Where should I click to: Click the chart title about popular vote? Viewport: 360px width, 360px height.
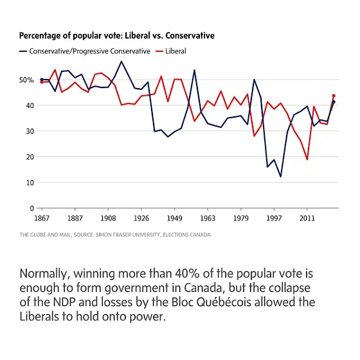click(x=116, y=36)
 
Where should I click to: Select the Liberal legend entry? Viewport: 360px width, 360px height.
click(x=171, y=51)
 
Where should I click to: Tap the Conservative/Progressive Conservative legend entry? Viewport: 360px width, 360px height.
click(x=85, y=51)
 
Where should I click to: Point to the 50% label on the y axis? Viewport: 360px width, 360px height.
click(x=26, y=80)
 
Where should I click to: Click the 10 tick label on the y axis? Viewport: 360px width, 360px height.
click(x=30, y=183)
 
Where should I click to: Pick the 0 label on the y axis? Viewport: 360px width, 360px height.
click(x=32, y=208)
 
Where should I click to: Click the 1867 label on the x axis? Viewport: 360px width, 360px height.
click(x=42, y=218)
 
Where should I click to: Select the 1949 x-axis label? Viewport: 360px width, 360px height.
click(x=174, y=218)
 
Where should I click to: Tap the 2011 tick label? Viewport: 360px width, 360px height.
click(x=307, y=218)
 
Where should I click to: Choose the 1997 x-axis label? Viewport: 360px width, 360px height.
click(x=274, y=218)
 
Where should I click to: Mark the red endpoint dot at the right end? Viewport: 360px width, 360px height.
click(x=334, y=96)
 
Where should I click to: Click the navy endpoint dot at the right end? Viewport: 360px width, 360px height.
click(x=334, y=102)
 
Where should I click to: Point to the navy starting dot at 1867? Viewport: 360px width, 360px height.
click(x=42, y=80)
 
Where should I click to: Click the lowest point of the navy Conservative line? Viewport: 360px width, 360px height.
click(x=280, y=177)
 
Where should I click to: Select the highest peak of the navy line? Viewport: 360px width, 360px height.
click(x=122, y=61)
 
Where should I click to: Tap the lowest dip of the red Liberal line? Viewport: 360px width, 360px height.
click(x=307, y=159)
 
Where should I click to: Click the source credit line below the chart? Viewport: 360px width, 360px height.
click(x=115, y=235)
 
